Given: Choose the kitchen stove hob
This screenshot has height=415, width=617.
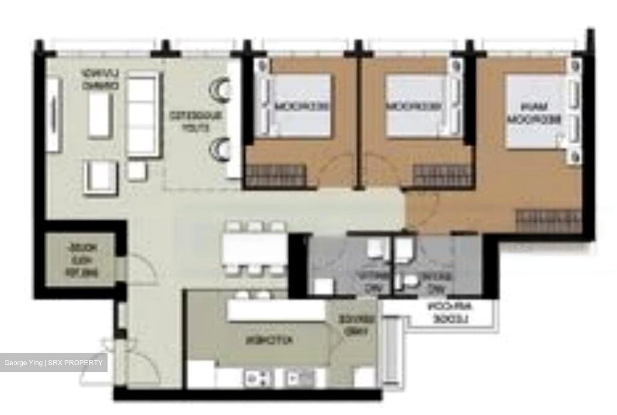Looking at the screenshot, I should pyautogui.click(x=258, y=378).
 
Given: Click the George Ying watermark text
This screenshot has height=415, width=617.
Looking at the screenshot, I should pyautogui.click(x=54, y=363).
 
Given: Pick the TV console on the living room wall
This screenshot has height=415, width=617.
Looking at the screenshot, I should pyautogui.click(x=53, y=114).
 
